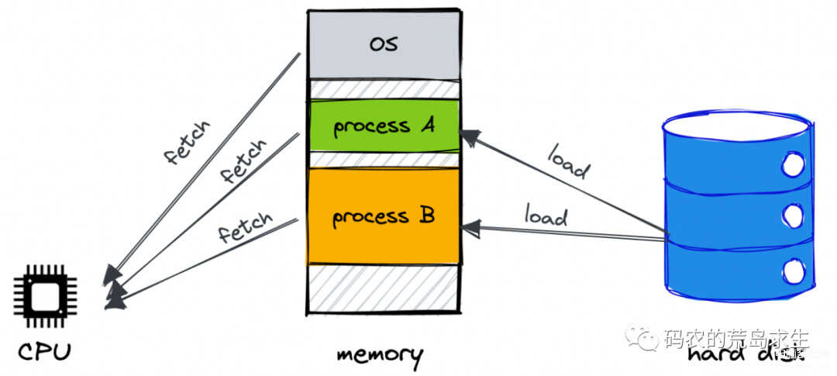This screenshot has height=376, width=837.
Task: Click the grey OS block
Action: point(383,44)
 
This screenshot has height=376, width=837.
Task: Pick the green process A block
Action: point(383,126)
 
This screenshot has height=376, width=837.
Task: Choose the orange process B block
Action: point(383,216)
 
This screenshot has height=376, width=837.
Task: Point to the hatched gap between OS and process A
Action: point(383,88)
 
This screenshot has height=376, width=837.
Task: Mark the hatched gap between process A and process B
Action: point(383,160)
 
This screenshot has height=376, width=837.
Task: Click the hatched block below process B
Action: point(383,289)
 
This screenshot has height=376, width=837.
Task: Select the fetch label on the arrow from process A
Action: point(243,160)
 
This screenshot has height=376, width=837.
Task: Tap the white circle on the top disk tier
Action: point(793,164)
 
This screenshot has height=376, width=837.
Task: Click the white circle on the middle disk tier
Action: point(792,214)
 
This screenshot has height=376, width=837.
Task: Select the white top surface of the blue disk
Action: point(735,125)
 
